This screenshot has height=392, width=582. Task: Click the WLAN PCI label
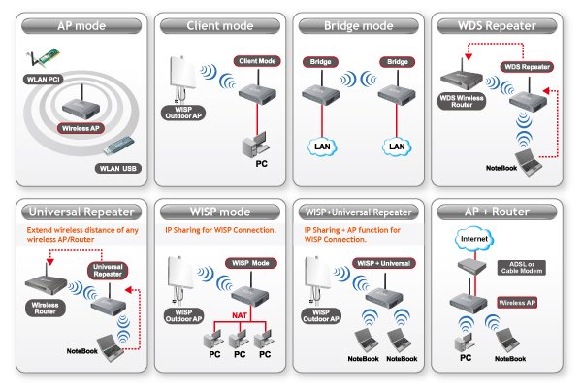point(43,79)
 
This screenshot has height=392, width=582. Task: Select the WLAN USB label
point(118,168)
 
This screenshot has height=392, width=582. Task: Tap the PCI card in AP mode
point(43,58)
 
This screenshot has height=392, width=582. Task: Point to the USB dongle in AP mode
point(118,146)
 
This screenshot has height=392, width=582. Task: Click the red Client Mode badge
point(257,61)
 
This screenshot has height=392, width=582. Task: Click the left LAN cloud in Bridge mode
point(322,147)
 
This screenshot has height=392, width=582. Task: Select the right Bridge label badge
point(397,62)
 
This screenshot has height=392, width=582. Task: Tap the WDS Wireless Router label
point(462,101)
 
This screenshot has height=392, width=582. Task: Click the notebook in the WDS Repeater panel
point(529,162)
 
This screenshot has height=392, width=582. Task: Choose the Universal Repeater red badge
point(108,271)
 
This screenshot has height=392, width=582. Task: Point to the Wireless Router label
point(46,309)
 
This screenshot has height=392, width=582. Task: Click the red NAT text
point(240,315)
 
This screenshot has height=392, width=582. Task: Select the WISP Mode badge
point(250,263)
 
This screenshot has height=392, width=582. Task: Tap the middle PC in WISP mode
point(239,339)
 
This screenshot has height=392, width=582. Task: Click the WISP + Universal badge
point(384,263)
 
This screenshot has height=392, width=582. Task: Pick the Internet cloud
point(474,239)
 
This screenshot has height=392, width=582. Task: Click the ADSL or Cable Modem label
point(522,268)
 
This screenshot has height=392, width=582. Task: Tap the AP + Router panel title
point(497,212)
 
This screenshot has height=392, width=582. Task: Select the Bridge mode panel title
point(359,26)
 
